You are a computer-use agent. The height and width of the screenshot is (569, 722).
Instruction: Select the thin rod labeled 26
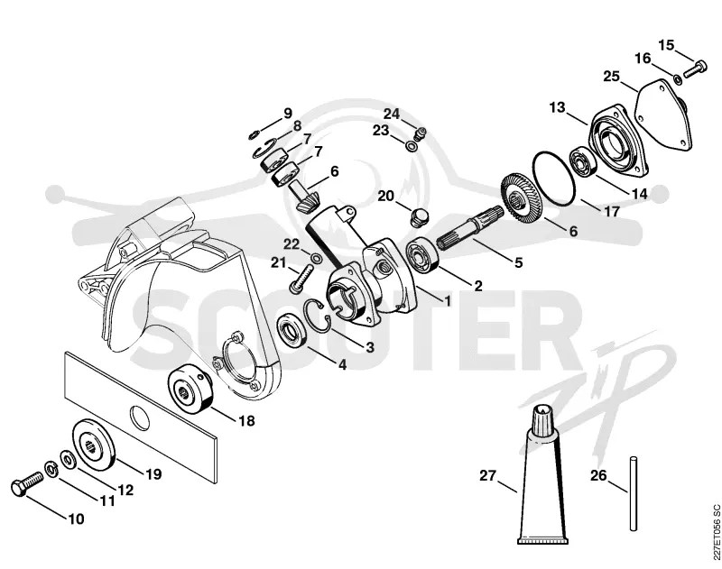pos(634,493)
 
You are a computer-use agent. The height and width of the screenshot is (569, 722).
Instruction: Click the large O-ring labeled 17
pos(554,179)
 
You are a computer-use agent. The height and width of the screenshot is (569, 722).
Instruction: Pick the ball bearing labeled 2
pos(422,257)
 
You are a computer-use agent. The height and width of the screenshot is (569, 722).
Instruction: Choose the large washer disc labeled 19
pos(93,445)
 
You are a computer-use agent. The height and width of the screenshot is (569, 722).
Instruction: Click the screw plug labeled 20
pos(418,217)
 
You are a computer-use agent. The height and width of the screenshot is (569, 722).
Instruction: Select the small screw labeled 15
pos(694,69)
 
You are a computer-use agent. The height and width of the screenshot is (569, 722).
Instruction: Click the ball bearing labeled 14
pos(583,161)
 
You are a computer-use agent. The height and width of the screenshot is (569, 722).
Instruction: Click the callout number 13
pos(557,107)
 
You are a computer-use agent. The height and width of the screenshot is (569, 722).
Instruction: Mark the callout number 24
pos(392,114)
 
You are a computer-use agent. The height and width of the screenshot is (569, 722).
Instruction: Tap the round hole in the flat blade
pos(140,418)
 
